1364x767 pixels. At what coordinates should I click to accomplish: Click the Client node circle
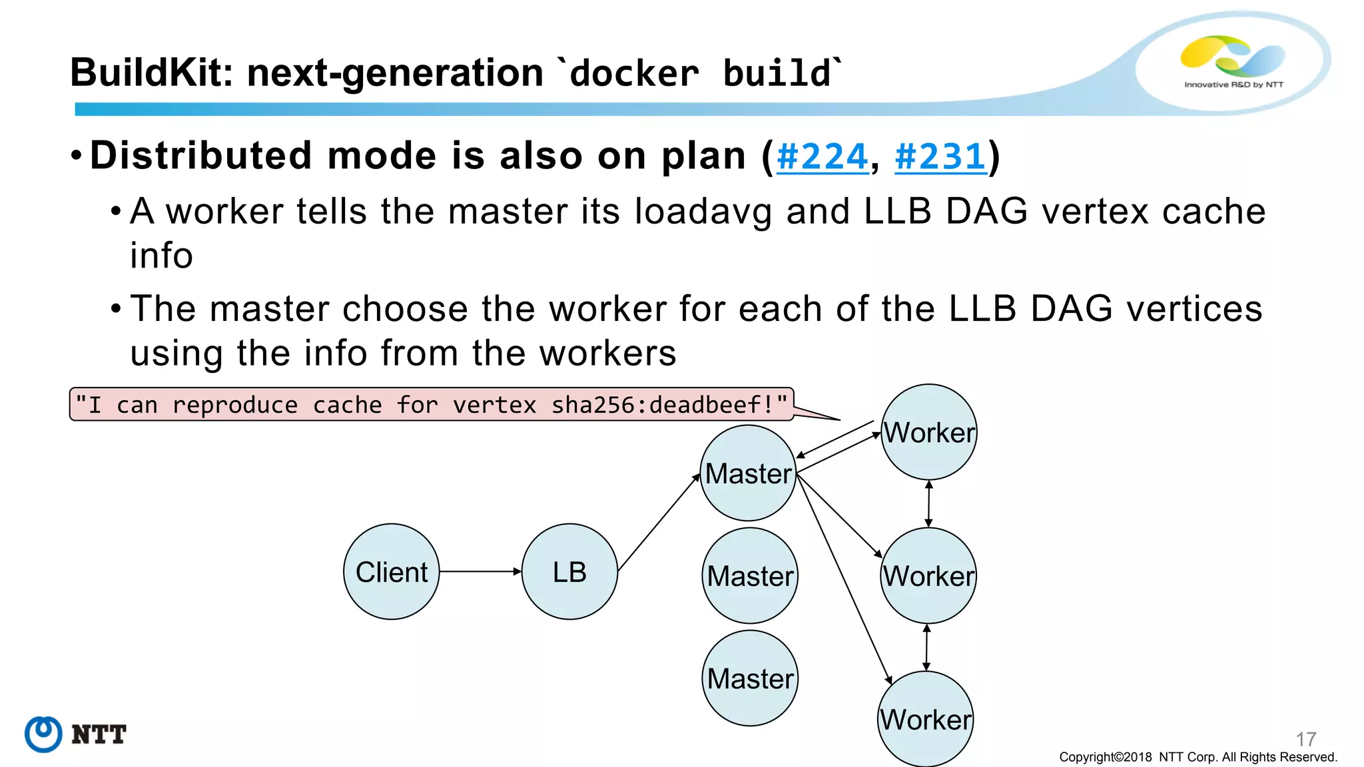pyautogui.click(x=392, y=572)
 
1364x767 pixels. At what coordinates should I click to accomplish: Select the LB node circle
pyautogui.click(x=569, y=572)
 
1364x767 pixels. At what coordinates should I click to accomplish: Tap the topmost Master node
pyautogui.click(x=748, y=473)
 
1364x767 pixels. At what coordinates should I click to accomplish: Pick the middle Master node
pyautogui.click(x=750, y=576)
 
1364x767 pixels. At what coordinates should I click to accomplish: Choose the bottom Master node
pyautogui.click(x=750, y=678)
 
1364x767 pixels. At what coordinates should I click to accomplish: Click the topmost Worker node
pyautogui.click(x=929, y=432)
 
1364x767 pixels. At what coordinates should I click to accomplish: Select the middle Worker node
pyautogui.click(x=928, y=576)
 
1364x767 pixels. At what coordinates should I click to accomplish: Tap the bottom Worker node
pyautogui.click(x=926, y=719)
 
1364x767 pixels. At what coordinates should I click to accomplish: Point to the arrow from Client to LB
pyautogui.click(x=480, y=571)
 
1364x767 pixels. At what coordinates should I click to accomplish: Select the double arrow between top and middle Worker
pyautogui.click(x=929, y=504)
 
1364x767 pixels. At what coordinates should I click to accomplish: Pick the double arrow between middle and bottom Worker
pyautogui.click(x=926, y=647)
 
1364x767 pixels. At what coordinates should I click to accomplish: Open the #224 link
pyautogui.click(x=823, y=157)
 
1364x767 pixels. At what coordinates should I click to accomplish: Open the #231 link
pyautogui.click(x=940, y=157)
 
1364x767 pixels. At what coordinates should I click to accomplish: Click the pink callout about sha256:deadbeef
pyautogui.click(x=432, y=405)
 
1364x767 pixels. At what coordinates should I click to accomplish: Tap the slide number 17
pyautogui.click(x=1305, y=739)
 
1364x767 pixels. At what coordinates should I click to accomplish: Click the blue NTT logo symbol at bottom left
pyautogui.click(x=43, y=734)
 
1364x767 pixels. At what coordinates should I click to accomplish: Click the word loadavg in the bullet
pyautogui.click(x=703, y=212)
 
